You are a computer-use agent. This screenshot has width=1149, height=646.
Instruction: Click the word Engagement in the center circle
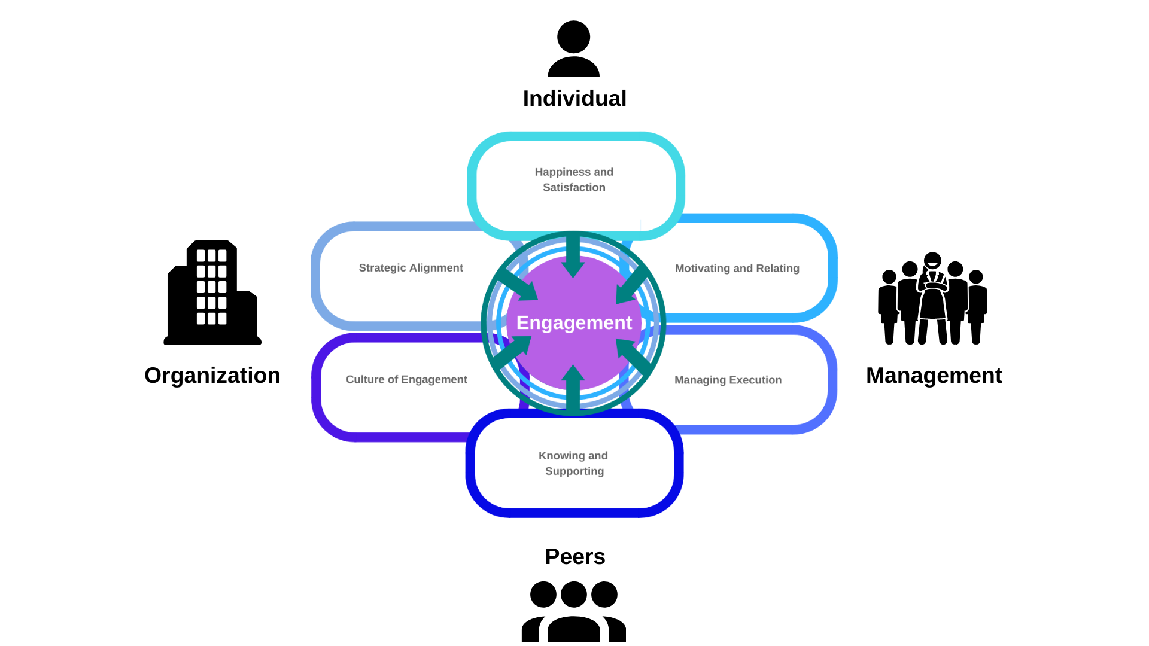(x=574, y=323)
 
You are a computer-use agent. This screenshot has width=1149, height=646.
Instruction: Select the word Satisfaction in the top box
(x=574, y=188)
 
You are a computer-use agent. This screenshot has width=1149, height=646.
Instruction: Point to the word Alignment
(x=436, y=268)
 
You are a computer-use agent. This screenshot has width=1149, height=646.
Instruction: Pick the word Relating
(x=777, y=269)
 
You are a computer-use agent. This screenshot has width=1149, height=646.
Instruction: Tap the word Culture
(x=365, y=380)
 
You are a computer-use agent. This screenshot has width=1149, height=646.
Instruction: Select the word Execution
(x=755, y=380)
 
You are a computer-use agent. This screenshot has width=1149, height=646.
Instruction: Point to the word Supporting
(x=574, y=471)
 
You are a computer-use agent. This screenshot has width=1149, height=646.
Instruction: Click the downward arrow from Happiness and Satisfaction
(x=573, y=257)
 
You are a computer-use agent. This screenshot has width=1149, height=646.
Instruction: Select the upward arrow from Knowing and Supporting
(x=573, y=388)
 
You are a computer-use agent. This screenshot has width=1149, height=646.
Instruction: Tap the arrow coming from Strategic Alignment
(x=518, y=285)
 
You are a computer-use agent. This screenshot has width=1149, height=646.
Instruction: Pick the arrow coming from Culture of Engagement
(x=512, y=352)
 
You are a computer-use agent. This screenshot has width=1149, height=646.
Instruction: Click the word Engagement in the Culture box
(x=434, y=380)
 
